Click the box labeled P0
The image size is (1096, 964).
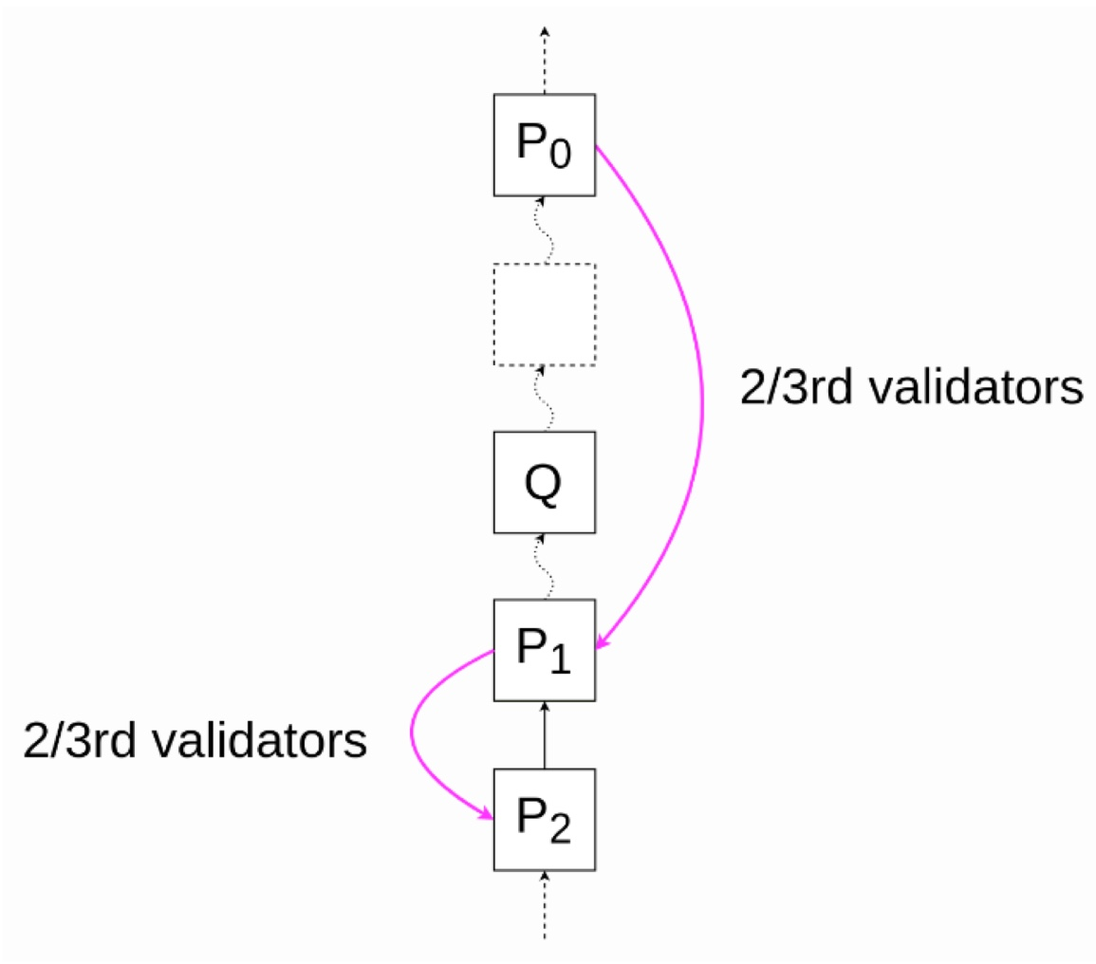[x=544, y=145]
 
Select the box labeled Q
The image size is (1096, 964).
[x=544, y=483]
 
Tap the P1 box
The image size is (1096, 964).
[x=544, y=651]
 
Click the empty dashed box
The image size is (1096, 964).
[x=544, y=314]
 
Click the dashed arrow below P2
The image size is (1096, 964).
[x=544, y=906]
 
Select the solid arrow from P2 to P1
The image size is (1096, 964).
[x=544, y=735]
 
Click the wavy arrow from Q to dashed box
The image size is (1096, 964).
[x=544, y=399]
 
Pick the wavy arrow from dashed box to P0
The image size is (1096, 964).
[x=544, y=230]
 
